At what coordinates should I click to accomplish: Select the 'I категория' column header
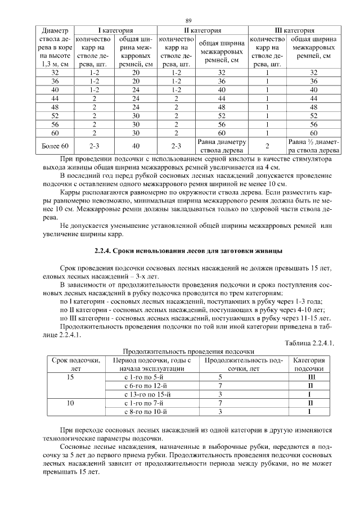point(115,30)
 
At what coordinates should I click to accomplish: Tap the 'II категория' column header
point(202,30)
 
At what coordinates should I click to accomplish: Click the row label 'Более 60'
point(55,146)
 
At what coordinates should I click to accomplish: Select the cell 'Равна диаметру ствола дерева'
point(222,146)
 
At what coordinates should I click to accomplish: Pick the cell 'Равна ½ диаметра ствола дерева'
point(313,146)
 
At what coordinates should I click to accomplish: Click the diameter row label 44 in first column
point(55,98)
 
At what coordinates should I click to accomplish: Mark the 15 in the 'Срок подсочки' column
point(70,377)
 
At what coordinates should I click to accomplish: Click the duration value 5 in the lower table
point(220,377)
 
